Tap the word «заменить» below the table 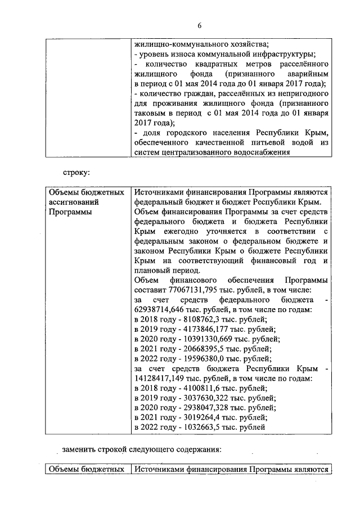coord(79,449)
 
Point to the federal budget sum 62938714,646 coord(163,309)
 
